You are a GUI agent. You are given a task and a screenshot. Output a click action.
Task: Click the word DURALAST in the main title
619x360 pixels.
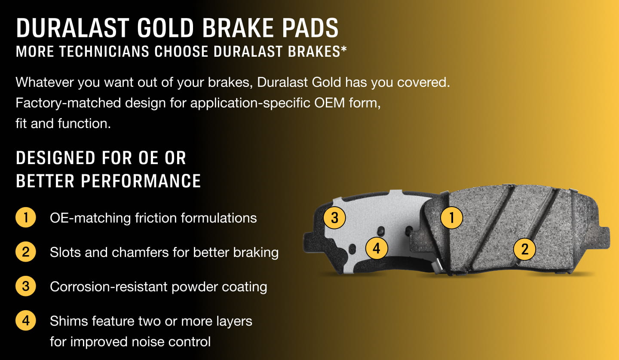coord(73,27)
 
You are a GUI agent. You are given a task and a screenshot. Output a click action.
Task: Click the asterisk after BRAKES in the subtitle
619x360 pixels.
coord(344,49)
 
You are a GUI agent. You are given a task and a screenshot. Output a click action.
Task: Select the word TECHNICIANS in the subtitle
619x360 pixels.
coord(104,52)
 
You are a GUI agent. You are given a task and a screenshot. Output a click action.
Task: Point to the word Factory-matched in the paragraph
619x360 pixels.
coord(68,103)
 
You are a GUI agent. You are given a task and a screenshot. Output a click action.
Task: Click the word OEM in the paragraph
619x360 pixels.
coord(329,103)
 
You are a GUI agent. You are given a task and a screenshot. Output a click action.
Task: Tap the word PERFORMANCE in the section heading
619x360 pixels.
coord(141,181)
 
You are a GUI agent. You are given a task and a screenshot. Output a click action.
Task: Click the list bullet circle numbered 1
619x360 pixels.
coord(26,217)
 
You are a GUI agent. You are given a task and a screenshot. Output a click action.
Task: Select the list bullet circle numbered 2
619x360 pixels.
coord(26,252)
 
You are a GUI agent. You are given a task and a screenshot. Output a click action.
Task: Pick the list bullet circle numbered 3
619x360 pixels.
coord(26,286)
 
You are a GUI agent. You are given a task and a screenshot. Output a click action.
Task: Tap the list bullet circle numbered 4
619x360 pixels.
coord(26,320)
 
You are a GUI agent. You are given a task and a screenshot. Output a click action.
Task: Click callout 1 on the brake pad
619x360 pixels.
coord(451,217)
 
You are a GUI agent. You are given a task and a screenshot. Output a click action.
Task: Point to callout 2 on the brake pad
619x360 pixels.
coord(524,249)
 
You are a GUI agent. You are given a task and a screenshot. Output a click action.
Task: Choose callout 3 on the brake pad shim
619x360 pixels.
coord(334,217)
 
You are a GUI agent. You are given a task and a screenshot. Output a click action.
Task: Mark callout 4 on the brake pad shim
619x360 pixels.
coord(377,248)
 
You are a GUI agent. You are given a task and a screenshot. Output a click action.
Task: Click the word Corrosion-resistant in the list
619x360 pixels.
coord(109,287)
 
